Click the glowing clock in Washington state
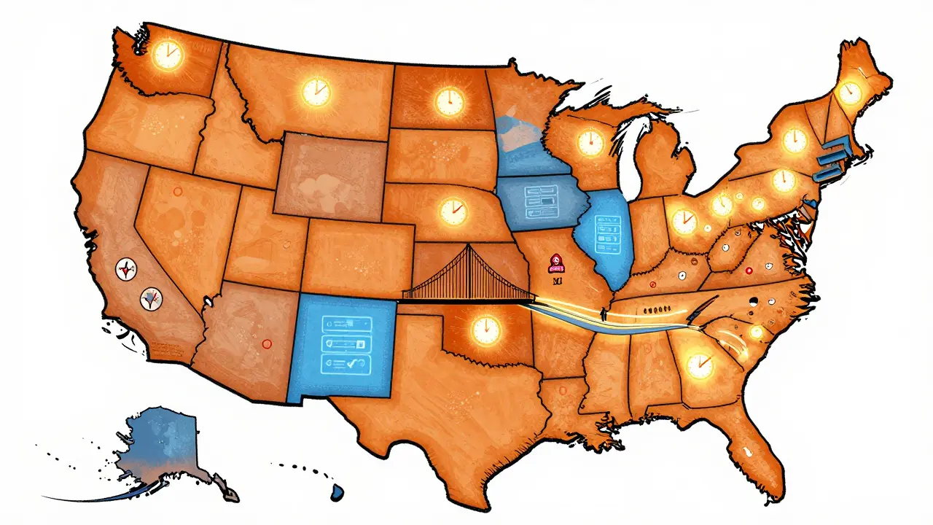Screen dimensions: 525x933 168,53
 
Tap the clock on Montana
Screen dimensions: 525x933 316,92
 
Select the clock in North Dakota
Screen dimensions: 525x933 449,101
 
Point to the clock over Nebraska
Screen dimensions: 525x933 453,212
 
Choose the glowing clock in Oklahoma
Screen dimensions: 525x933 486,328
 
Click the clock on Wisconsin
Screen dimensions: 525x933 590,142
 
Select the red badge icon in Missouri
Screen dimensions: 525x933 555,261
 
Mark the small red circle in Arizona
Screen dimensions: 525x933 266,343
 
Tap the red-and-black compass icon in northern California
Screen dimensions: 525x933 128,270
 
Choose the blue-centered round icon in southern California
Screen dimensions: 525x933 150,297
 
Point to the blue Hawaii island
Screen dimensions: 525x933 337,494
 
